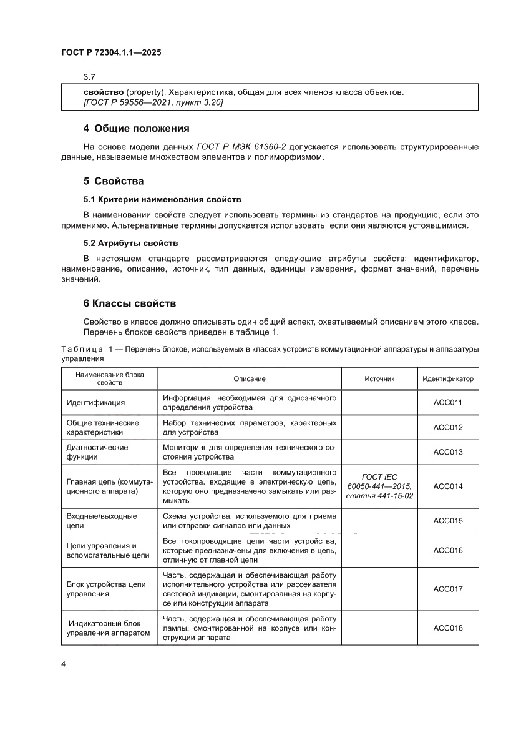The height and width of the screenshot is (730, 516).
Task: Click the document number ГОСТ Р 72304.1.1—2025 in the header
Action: coord(111,54)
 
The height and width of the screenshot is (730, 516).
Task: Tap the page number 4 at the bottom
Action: coord(64,663)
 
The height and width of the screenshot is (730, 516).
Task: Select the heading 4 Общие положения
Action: coord(136,129)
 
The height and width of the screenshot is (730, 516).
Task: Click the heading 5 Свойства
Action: coord(114,181)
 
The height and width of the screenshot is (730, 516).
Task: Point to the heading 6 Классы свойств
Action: coord(130,303)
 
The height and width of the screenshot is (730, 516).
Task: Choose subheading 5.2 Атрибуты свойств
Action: coord(131,242)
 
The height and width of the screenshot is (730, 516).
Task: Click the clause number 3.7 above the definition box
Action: coord(89,77)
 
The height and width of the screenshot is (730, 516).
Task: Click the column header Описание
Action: coord(250,379)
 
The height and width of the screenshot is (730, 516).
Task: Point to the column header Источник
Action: coord(379,379)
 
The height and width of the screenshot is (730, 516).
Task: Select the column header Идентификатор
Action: coord(447,379)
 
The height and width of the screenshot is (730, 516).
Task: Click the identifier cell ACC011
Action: coord(447,403)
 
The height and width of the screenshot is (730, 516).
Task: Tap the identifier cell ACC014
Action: coord(447,486)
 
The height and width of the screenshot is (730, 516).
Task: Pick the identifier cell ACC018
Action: coord(447,628)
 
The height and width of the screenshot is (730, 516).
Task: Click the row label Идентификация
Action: coord(95,403)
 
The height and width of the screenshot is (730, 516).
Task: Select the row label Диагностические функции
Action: coord(97,452)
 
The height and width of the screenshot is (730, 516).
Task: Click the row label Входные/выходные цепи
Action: coord(102,521)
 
